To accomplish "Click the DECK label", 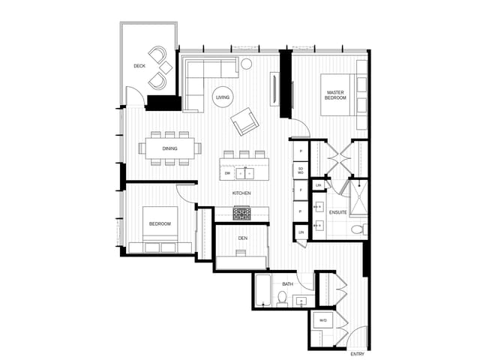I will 139,66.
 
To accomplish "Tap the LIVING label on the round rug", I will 223,97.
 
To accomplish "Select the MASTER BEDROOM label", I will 335,94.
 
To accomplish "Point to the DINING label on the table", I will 170,148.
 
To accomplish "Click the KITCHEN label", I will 241,193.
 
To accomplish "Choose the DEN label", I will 242,238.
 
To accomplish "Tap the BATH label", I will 287,284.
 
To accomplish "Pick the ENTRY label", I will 358,353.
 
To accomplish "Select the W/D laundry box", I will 323,321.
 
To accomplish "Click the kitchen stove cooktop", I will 241,214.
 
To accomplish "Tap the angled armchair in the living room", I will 245,121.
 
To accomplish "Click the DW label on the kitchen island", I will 227,173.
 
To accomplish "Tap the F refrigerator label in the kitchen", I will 301,190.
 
